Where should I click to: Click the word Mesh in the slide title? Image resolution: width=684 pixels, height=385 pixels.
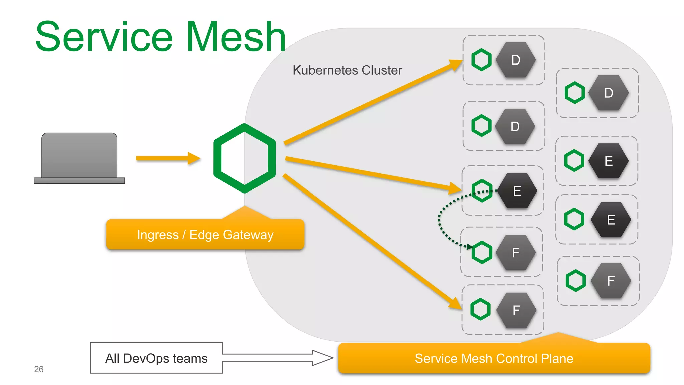pos(236,37)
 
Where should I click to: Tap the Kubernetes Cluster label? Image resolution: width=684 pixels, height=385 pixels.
pos(347,70)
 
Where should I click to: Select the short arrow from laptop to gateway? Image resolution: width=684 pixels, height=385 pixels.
pos(167,158)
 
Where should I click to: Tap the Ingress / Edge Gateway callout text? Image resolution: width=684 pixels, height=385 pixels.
pos(205,235)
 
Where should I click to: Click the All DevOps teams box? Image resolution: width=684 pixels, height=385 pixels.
pos(156,358)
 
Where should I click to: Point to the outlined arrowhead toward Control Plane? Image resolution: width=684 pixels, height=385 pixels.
pos(322,358)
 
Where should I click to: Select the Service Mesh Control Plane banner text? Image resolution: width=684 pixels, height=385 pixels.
pos(494,359)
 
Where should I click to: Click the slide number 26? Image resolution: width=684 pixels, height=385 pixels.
pos(39,369)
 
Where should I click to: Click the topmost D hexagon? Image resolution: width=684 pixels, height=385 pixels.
pos(516,60)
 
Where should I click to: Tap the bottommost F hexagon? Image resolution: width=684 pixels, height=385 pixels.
pos(516,310)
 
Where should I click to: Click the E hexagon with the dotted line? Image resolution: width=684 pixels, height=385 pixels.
pos(517,191)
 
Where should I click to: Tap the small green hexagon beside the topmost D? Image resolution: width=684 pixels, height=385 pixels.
pos(481,60)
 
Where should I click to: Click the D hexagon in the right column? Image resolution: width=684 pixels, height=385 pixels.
pos(609,93)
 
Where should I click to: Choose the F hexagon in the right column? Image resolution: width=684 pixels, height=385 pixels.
pos(611,281)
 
